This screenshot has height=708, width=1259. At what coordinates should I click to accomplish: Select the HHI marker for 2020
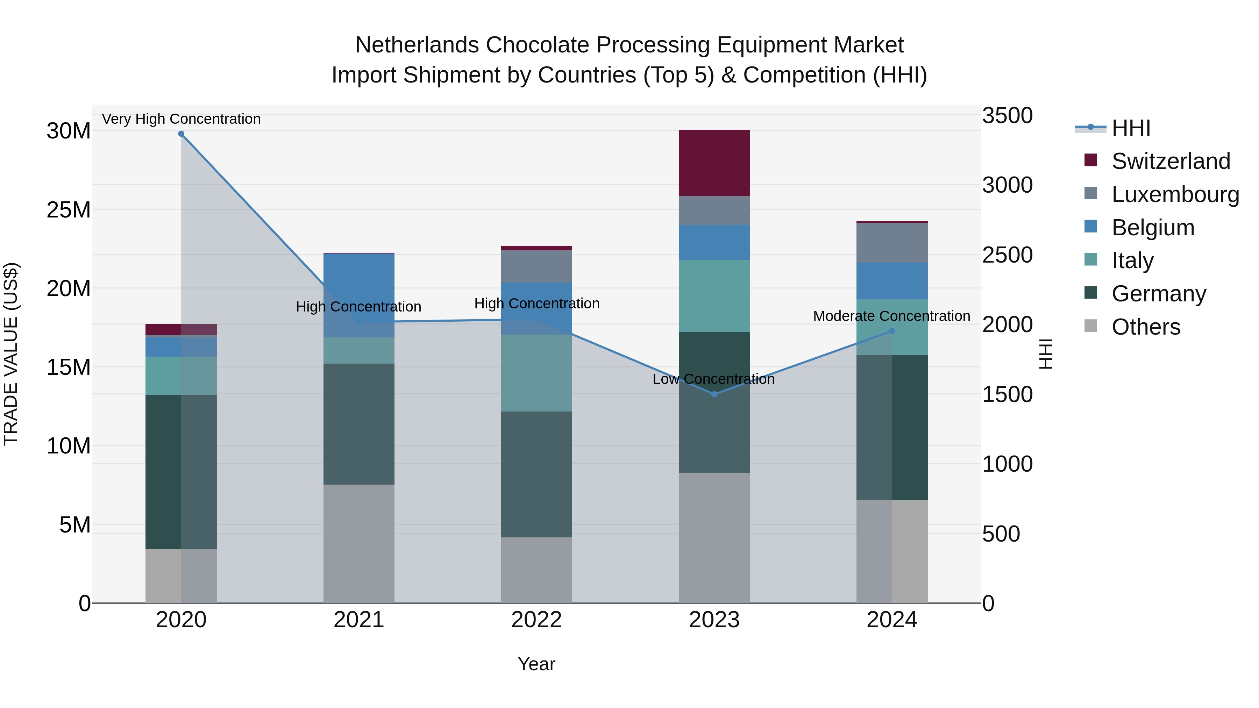point(181,134)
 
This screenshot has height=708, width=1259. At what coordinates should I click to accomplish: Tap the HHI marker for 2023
point(714,394)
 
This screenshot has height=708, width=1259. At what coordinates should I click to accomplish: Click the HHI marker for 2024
point(891,331)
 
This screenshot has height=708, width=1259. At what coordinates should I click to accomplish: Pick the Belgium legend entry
point(1152,228)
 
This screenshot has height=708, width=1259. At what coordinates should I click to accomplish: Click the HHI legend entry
point(1130,128)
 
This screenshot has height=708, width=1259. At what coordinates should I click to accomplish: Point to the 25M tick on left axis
point(69,210)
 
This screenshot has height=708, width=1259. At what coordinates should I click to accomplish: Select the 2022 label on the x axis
point(536,620)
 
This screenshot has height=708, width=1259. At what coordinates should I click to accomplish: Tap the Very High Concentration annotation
point(181,119)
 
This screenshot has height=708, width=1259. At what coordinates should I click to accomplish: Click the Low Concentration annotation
point(713,379)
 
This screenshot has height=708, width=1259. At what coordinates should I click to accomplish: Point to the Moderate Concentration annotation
point(891,316)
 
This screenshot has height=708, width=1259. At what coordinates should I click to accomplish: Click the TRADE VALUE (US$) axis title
point(11,354)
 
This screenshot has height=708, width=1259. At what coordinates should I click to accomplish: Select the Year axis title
point(536,664)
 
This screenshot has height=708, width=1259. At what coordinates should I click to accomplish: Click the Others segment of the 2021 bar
point(359,543)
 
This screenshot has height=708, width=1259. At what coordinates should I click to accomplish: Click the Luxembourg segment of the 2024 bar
point(891,243)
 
